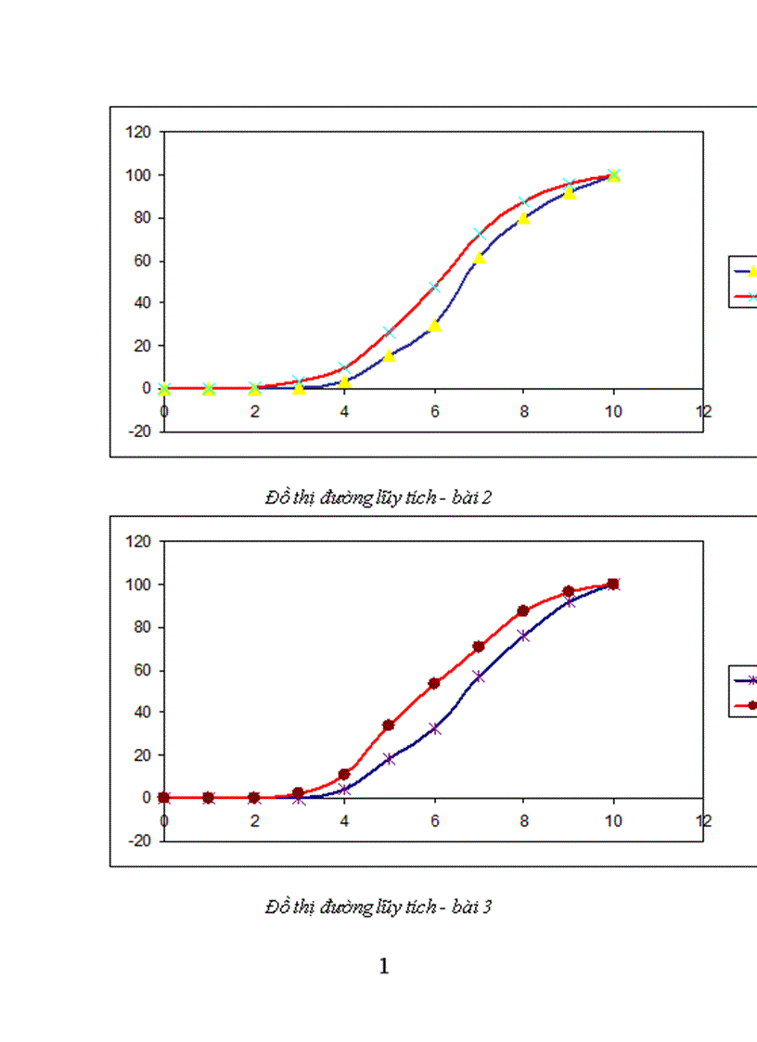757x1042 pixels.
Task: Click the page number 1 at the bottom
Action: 384,967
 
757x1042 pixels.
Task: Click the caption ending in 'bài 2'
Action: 378,497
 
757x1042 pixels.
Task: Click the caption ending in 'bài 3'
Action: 378,907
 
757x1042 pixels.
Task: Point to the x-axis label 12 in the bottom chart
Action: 704,819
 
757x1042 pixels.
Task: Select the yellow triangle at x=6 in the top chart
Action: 434,325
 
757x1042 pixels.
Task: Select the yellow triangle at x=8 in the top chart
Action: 523,218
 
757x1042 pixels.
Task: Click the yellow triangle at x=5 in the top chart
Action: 390,355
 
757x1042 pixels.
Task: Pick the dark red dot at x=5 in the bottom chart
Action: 389,725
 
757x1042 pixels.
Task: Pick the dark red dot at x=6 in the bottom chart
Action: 434,683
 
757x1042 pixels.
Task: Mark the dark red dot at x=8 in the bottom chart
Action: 523,611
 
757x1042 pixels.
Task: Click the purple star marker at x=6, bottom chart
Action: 434,728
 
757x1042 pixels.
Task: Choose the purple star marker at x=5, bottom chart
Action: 389,758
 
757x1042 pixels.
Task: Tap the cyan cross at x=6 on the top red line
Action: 434,287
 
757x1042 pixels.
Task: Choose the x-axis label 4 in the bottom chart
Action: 344,819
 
